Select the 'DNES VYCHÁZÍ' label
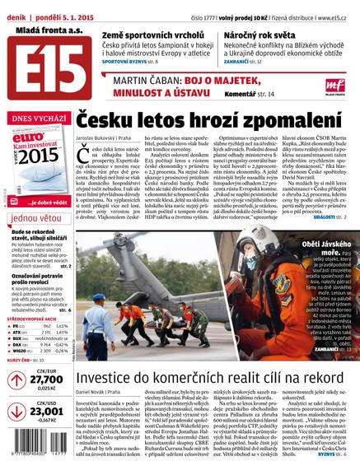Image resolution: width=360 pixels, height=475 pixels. click(x=37, y=119)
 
